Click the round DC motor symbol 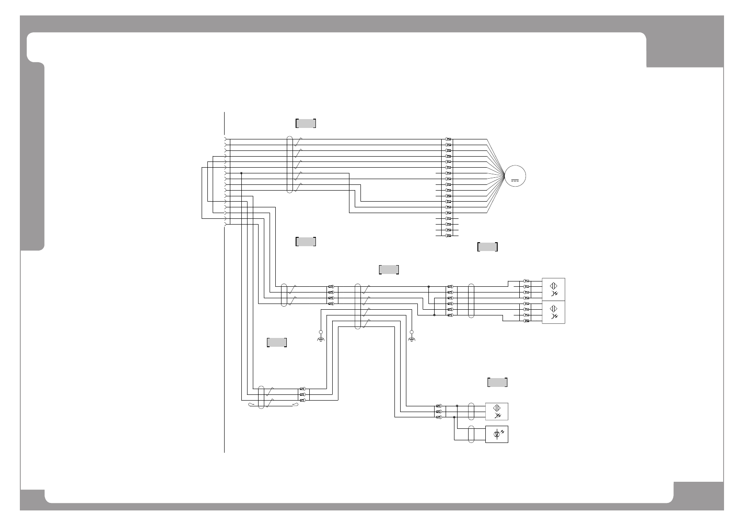pyautogui.click(x=515, y=176)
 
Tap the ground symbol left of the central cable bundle pyautogui.click(x=321, y=338)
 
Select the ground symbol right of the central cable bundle pyautogui.click(x=412, y=338)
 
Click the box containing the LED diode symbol pyautogui.click(x=497, y=435)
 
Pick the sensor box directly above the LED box pyautogui.click(x=497, y=411)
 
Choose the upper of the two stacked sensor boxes pyautogui.click(x=553, y=289)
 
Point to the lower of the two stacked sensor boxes pyautogui.click(x=553, y=312)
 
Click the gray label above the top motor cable pyautogui.click(x=306, y=123)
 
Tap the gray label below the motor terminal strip pyautogui.click(x=488, y=247)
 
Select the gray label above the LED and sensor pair pyautogui.click(x=497, y=382)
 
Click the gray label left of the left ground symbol pyautogui.click(x=277, y=342)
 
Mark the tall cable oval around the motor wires pyautogui.click(x=289, y=165)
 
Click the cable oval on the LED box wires pyautogui.click(x=471, y=435)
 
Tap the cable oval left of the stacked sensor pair pyautogui.click(x=471, y=301)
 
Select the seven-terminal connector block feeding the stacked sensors pyautogui.click(x=450, y=301)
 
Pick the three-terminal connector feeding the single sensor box pyautogui.click(x=439, y=411)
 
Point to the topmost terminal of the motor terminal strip pyautogui.click(x=449, y=139)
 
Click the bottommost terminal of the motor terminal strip pyautogui.click(x=449, y=236)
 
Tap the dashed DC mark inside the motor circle pyautogui.click(x=515, y=180)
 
